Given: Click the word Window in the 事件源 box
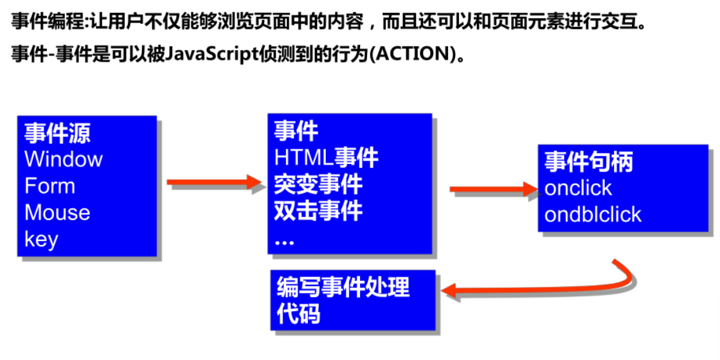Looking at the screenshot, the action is pyautogui.click(x=64, y=159).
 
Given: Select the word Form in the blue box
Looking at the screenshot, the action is pyautogui.click(x=50, y=186).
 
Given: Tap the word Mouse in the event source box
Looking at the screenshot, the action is pyautogui.click(x=57, y=213).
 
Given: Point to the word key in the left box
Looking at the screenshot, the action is pyautogui.click(x=42, y=240).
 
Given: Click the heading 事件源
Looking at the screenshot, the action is pyautogui.click(x=58, y=133).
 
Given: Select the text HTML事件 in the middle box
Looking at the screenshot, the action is pyautogui.click(x=327, y=157).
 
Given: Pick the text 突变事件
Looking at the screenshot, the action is pyautogui.click(x=318, y=184).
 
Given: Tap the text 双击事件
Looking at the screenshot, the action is pyautogui.click(x=318, y=211).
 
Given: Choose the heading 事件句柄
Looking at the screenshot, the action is pyautogui.click(x=589, y=161).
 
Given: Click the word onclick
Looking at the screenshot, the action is pyautogui.click(x=578, y=188).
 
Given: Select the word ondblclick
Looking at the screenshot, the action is pyautogui.click(x=593, y=215).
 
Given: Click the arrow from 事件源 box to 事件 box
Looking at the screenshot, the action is pyautogui.click(x=215, y=183).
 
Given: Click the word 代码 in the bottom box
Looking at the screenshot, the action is pyautogui.click(x=298, y=315).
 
